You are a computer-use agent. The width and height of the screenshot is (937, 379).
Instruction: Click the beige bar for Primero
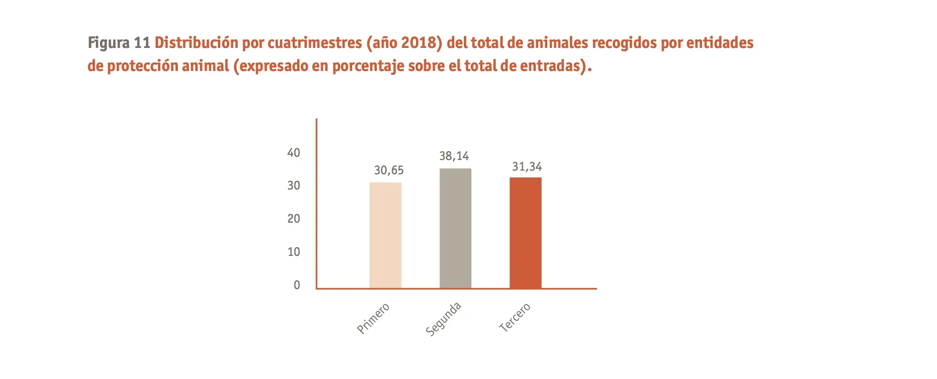point(385,236)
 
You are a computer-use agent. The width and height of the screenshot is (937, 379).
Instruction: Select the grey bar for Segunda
point(455,229)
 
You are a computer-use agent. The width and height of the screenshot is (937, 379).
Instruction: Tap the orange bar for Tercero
point(525,233)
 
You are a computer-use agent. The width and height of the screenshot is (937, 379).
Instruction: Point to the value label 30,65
point(389,171)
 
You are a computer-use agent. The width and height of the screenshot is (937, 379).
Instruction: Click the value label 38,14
point(454,156)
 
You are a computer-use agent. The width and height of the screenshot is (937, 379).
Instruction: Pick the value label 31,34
point(527,167)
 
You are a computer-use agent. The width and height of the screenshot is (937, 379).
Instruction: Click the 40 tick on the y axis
point(293,153)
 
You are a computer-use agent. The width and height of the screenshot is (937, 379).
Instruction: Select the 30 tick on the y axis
point(293,186)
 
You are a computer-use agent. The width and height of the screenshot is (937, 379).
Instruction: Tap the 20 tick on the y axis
point(293,219)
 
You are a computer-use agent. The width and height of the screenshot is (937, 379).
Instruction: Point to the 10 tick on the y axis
point(293,252)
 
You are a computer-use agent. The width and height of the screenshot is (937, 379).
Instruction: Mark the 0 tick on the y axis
point(297,285)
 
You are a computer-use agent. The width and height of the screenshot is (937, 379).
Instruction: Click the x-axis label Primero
point(373,318)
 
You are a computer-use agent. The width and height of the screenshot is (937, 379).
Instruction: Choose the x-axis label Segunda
point(443,319)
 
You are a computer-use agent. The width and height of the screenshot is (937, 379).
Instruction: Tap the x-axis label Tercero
point(515,318)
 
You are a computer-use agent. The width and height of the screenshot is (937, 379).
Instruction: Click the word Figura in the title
point(109,43)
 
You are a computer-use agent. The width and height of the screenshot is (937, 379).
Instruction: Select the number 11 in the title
point(142,43)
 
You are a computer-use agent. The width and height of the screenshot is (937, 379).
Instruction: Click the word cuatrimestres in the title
point(315,43)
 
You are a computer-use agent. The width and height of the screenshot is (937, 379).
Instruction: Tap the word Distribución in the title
point(196,43)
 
